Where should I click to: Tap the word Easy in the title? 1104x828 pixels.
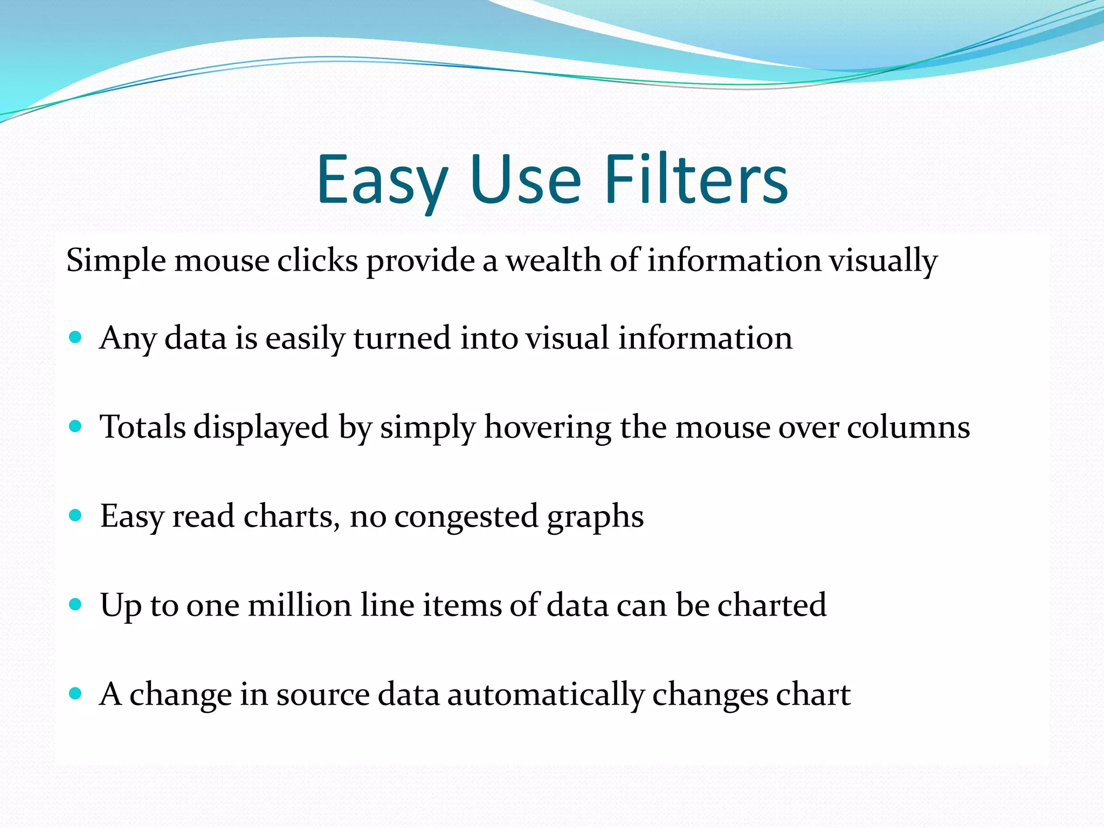pyautogui.click(x=382, y=181)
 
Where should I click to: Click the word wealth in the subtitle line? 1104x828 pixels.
pyautogui.click(x=553, y=260)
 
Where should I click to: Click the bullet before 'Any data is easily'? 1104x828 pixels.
pyautogui.click(x=75, y=338)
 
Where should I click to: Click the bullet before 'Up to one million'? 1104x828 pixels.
pyautogui.click(x=75, y=605)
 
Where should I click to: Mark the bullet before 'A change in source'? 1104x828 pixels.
pyautogui.click(x=75, y=694)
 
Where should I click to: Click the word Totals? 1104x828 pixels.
pyautogui.click(x=143, y=427)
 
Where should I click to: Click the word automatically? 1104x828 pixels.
pyautogui.click(x=546, y=694)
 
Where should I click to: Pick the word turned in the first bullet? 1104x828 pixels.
pyautogui.click(x=402, y=339)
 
